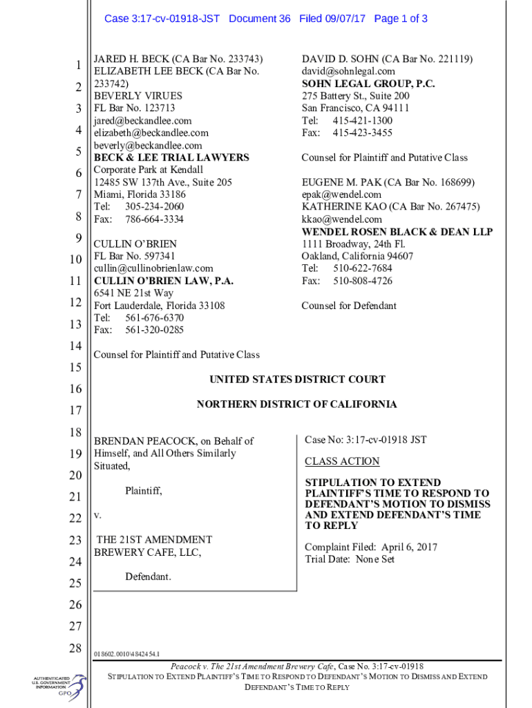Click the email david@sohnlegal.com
pyautogui.click(x=348, y=71)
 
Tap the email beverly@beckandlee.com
pyautogui.click(x=148, y=145)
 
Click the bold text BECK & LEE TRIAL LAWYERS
pyautogui.click(x=171, y=158)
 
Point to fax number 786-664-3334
pyautogui.click(x=154, y=219)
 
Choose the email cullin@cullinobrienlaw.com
pyautogui.click(x=153, y=268)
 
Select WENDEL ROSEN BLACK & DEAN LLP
pyautogui.click(x=397, y=232)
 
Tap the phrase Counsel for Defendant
pyautogui.click(x=349, y=306)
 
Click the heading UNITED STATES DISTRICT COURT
pyautogui.click(x=297, y=380)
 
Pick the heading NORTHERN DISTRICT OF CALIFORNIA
pyautogui.click(x=297, y=404)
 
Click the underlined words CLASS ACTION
pyautogui.click(x=342, y=461)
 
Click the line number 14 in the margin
pyautogui.click(x=75, y=346)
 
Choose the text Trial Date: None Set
pyautogui.click(x=350, y=559)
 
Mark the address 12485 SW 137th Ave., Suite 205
pyautogui.click(x=163, y=183)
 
